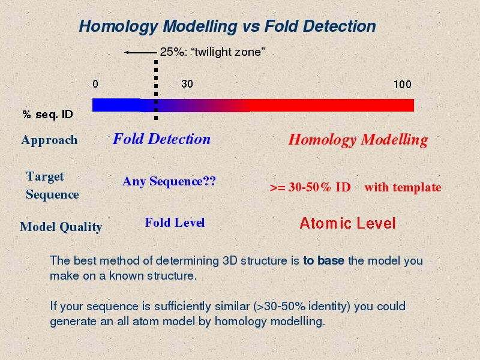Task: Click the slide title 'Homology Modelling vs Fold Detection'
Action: click(x=227, y=26)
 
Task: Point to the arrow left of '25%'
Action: click(x=140, y=52)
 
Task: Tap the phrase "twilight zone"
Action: click(x=228, y=52)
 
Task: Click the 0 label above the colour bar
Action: click(x=95, y=83)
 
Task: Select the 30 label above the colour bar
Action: click(x=187, y=83)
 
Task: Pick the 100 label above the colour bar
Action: click(x=402, y=84)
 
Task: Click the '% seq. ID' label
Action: click(x=48, y=115)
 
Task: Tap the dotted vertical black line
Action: click(x=156, y=89)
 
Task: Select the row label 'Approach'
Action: click(x=49, y=140)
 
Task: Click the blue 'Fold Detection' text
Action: click(x=161, y=139)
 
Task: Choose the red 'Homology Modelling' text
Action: click(x=358, y=140)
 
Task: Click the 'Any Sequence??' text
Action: click(x=169, y=181)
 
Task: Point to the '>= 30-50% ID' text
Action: click(x=310, y=187)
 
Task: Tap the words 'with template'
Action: click(x=403, y=187)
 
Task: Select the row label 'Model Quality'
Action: click(x=61, y=227)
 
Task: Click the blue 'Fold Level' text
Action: click(x=175, y=223)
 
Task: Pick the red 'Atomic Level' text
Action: click(x=348, y=223)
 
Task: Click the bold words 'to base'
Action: click(x=323, y=260)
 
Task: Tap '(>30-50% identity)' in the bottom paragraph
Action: click(x=302, y=307)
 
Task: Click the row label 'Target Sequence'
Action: click(x=52, y=185)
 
